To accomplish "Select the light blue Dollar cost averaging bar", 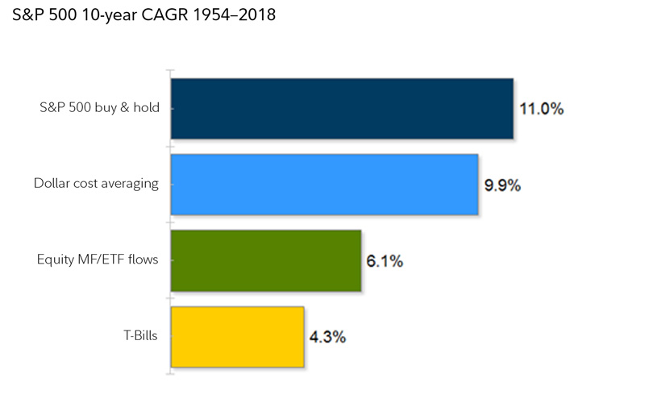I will [324, 184].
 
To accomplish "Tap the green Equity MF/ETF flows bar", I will [265, 260].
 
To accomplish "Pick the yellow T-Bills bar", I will [237, 336].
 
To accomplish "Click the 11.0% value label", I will [541, 108].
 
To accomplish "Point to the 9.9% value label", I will [502, 185].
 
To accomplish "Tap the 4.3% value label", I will [328, 337].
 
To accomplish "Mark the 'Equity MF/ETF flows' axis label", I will [98, 260].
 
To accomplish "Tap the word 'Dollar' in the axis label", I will [51, 184].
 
